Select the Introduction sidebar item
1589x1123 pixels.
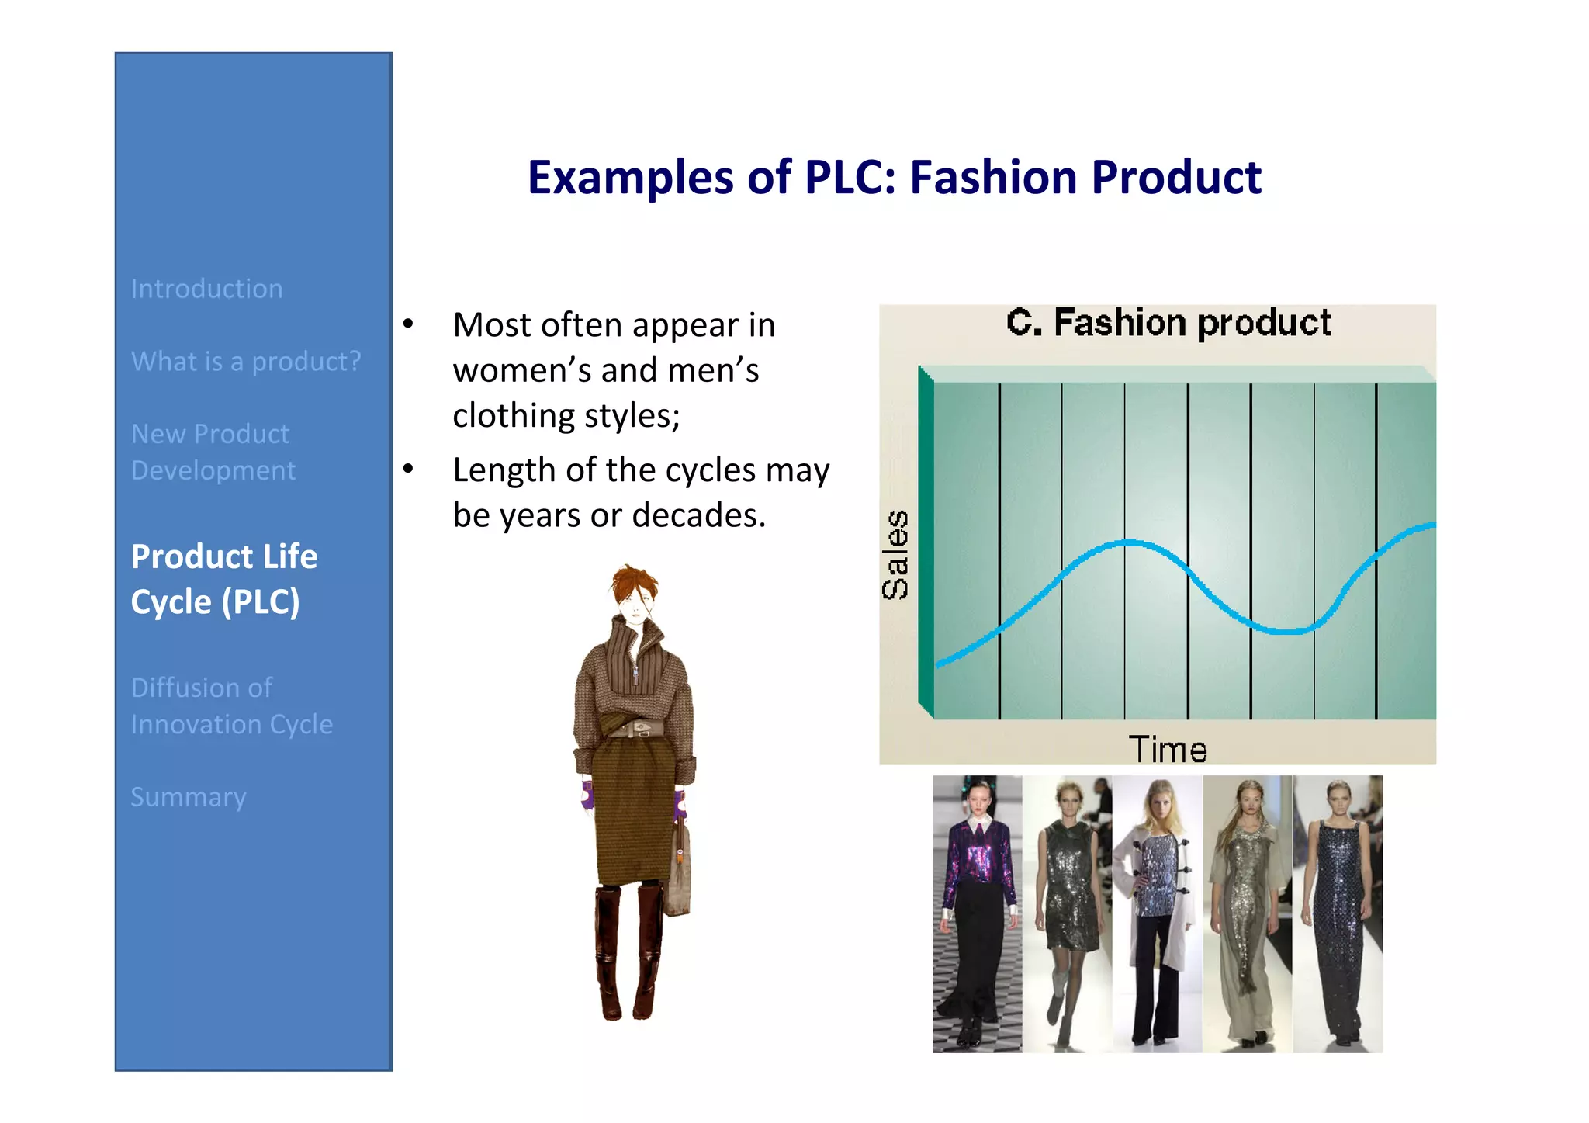pos(206,289)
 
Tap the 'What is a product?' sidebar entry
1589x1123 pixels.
pos(246,362)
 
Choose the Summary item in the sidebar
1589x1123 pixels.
pos(189,797)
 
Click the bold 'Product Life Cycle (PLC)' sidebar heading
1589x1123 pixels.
pos(224,579)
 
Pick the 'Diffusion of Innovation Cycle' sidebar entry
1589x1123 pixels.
pos(231,705)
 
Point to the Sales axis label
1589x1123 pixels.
pos(895,554)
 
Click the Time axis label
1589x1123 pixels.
pos(1167,750)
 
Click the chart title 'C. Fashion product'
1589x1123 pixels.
pos(1168,323)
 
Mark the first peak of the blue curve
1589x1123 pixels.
pos(1129,542)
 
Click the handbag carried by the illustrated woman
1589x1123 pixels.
pos(679,873)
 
